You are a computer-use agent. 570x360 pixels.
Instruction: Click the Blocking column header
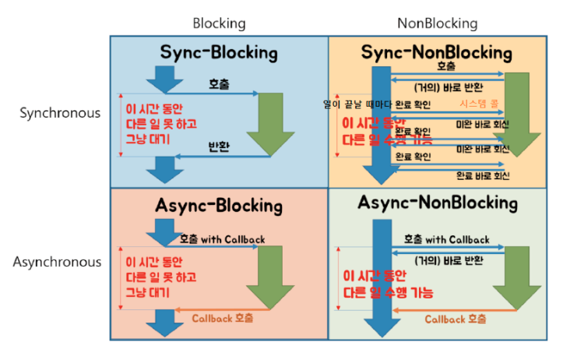[219, 23]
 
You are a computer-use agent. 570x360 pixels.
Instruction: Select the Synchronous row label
[60, 113]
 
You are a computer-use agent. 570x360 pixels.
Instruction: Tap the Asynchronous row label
[57, 262]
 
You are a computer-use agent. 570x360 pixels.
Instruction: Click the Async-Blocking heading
[219, 206]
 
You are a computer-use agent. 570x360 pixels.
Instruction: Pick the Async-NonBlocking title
[438, 203]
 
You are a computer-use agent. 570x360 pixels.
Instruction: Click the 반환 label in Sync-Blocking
[219, 147]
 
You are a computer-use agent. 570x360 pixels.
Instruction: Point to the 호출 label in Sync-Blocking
[219, 83]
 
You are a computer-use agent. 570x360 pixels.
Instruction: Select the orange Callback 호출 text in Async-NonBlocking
[456, 319]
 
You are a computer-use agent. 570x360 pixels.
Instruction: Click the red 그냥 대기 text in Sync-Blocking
[148, 139]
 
